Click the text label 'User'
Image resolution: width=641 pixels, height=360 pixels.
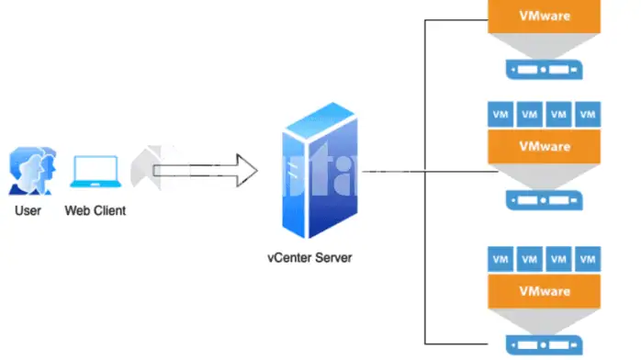coord(28,210)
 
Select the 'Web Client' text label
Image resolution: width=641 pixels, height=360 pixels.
coord(96,210)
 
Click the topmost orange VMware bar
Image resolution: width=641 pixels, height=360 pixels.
coord(545,16)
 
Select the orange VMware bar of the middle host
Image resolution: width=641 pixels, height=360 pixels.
coord(545,146)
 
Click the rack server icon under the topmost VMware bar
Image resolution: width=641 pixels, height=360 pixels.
coord(545,69)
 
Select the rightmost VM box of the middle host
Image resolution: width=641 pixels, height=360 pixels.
coord(589,115)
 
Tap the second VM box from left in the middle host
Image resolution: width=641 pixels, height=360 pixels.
coord(530,115)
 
